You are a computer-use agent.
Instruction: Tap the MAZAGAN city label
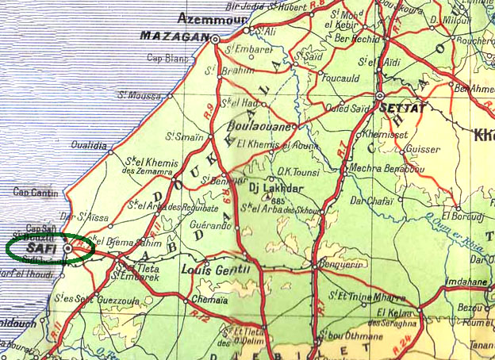click(175, 36)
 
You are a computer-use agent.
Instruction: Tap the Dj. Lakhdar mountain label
click(276, 188)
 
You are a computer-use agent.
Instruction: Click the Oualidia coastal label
click(88, 145)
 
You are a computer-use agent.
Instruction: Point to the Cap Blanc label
click(167, 58)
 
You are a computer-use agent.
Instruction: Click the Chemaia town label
click(208, 301)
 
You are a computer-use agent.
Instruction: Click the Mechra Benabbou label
click(385, 167)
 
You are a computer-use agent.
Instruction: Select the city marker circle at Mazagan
click(215, 37)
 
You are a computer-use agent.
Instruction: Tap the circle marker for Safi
click(68, 248)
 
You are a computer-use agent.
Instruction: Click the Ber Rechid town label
click(354, 37)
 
